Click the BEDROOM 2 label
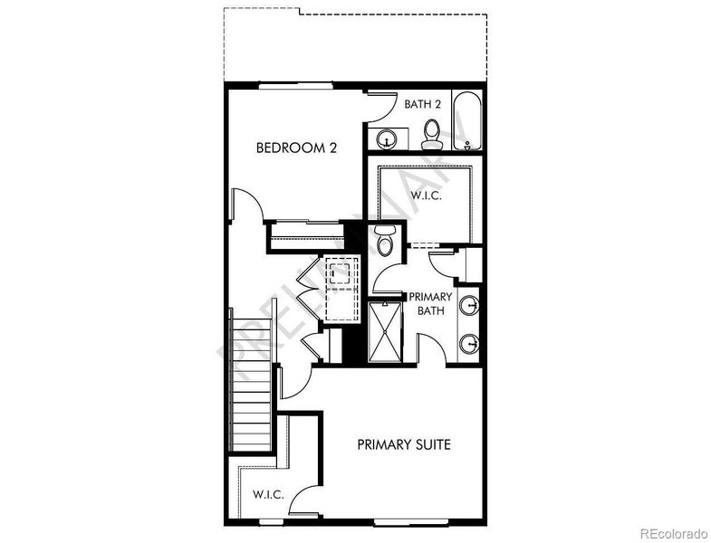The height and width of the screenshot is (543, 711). (x=296, y=148)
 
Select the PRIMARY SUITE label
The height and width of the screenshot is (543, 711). (x=403, y=444)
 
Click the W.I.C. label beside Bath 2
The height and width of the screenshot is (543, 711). (x=425, y=195)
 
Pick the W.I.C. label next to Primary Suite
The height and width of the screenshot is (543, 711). (x=269, y=495)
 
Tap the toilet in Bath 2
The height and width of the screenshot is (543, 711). (x=432, y=134)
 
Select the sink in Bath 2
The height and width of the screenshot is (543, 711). (x=388, y=140)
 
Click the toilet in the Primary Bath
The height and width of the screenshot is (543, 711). (x=385, y=242)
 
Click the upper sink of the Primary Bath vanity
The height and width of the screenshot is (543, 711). (x=470, y=305)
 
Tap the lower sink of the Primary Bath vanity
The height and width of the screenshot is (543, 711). (x=470, y=343)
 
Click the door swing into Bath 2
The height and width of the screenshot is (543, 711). (x=381, y=109)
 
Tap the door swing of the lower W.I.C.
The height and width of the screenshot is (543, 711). (x=305, y=500)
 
